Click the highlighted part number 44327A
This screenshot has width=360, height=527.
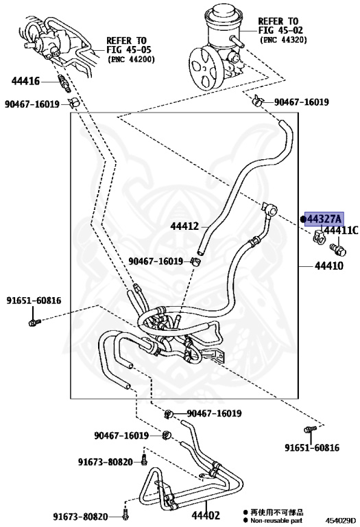click(324, 219)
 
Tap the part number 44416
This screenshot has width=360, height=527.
click(25, 81)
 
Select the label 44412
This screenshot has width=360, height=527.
click(184, 226)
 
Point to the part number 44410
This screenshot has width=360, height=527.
click(329, 266)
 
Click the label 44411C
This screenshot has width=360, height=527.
click(341, 231)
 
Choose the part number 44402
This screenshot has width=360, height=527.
click(206, 515)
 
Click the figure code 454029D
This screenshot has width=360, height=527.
click(341, 522)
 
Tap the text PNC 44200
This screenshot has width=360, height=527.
click(131, 60)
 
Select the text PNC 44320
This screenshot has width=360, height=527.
click(283, 40)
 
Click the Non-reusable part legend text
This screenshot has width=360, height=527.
click(276, 521)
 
